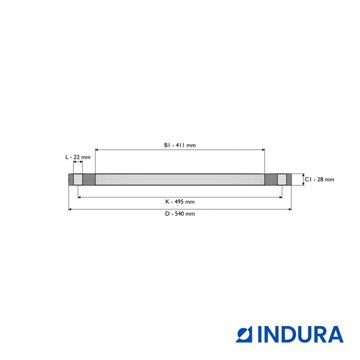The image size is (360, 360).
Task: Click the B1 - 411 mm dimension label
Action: (x=180, y=145)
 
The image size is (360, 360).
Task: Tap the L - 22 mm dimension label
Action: (x=78, y=157)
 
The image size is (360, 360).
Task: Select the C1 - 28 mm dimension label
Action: (x=319, y=179)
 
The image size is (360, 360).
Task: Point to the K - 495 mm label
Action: (x=180, y=201)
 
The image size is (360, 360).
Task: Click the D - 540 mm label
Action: (x=180, y=214)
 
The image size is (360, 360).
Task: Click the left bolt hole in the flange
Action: (x=78, y=180)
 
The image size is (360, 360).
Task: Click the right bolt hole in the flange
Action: (x=282, y=180)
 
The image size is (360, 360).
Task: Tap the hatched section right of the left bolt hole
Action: (x=89, y=180)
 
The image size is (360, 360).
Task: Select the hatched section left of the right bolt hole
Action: (x=271, y=180)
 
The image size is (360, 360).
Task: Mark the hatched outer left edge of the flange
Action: (x=71, y=180)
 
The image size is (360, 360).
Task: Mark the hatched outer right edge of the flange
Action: (x=289, y=180)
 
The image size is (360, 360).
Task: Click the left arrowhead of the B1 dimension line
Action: (x=97, y=150)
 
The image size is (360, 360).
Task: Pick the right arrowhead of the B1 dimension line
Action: (x=263, y=150)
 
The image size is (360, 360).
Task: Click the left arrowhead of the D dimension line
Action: (x=70, y=209)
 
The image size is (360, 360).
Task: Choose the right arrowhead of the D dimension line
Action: (x=290, y=209)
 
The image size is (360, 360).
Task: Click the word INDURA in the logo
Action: (x=300, y=334)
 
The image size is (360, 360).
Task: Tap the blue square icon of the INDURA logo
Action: (x=246, y=334)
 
